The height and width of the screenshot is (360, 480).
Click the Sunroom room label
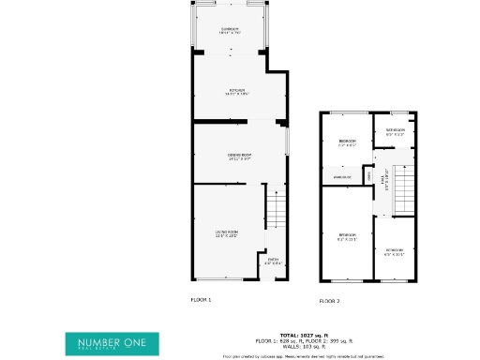click(230, 30)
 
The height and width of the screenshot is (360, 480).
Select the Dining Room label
click(239, 155)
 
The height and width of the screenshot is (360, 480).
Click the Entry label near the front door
click(273, 262)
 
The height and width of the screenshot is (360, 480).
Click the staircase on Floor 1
click(275, 207)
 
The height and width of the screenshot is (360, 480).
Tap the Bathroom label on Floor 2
click(395, 131)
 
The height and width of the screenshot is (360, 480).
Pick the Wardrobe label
click(341, 176)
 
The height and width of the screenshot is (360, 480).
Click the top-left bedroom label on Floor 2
click(348, 142)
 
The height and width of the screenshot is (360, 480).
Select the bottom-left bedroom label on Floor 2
click(348, 236)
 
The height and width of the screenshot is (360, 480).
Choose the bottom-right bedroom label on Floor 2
click(395, 251)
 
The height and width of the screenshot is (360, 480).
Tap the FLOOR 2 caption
click(329, 301)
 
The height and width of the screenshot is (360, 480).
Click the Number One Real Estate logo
click(112, 343)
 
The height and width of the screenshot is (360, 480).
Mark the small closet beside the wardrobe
click(368, 175)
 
